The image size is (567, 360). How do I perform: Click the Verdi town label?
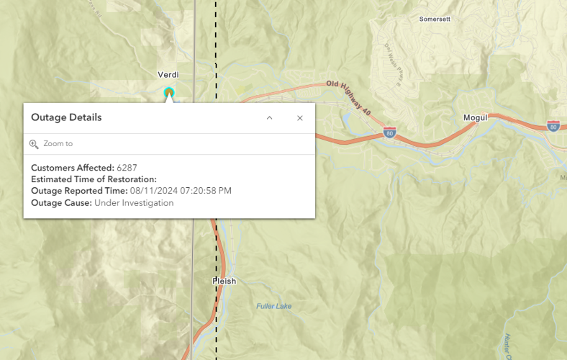pyautogui.click(x=168, y=75)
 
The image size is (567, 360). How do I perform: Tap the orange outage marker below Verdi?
pyautogui.click(x=169, y=93)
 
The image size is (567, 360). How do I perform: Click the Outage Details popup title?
pyautogui.click(x=66, y=117)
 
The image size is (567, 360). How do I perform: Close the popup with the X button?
pyautogui.click(x=300, y=118)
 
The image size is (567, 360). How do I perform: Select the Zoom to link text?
pyautogui.click(x=58, y=144)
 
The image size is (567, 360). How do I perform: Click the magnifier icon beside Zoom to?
pyautogui.click(x=34, y=144)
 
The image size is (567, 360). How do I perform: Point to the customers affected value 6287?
pyautogui.click(x=127, y=168)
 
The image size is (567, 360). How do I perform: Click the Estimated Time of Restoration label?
pyautogui.click(x=94, y=179)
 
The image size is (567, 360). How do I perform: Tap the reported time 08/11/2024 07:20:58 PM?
pyautogui.click(x=181, y=191)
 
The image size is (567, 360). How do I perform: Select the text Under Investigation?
pyautogui.click(x=134, y=203)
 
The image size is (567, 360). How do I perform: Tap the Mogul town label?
pyautogui.click(x=475, y=117)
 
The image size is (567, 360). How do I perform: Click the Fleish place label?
pyautogui.click(x=224, y=281)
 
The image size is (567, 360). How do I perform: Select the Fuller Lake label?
pyautogui.click(x=274, y=306)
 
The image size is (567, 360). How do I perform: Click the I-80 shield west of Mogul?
pyautogui.click(x=389, y=132)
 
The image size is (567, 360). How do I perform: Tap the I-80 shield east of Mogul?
pyautogui.click(x=553, y=126)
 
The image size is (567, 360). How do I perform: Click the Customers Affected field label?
pyautogui.click(x=72, y=168)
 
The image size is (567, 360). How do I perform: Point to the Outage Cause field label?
pyautogui.click(x=61, y=203)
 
